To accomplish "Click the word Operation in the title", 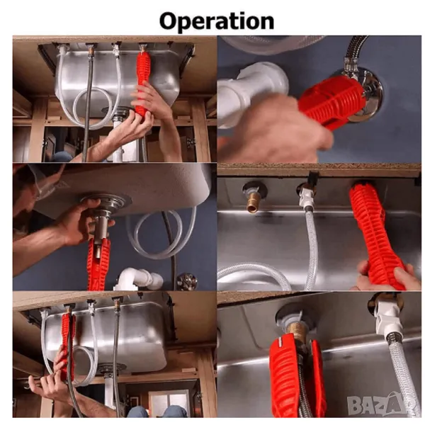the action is [217, 21].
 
